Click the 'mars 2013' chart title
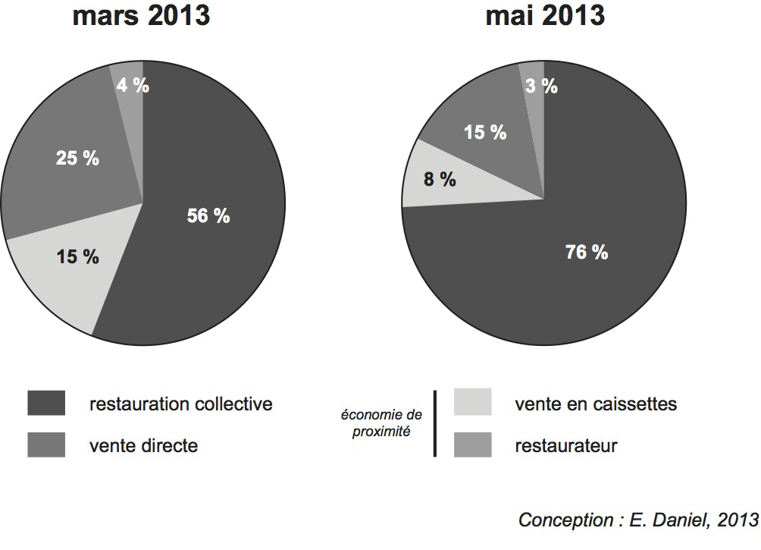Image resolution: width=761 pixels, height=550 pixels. click(141, 15)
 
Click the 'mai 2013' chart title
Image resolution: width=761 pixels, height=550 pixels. click(545, 15)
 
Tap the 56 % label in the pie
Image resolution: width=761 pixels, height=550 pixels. click(208, 216)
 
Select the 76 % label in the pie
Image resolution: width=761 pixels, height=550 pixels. click(587, 253)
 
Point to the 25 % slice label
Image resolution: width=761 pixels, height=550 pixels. click(77, 159)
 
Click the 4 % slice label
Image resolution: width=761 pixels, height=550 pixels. click(133, 85)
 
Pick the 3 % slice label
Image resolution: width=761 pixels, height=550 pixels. click(541, 86)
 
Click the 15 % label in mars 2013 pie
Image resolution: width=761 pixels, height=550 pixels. click(78, 257)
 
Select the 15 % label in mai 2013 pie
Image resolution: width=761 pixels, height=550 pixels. click(485, 132)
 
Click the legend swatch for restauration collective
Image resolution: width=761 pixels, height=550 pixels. click(46, 404)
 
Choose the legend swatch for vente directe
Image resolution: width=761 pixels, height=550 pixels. click(46, 445)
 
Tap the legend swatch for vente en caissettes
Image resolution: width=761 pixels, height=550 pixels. click(473, 403)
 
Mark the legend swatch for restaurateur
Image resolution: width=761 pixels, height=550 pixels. click(473, 445)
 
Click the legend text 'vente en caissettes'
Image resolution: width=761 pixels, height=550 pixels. click(596, 404)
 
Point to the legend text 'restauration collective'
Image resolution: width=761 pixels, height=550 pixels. click(180, 404)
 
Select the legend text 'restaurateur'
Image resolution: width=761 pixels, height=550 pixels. click(565, 445)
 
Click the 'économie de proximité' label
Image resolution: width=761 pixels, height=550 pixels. click(381, 423)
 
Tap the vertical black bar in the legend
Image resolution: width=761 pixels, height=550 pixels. click(435, 423)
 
